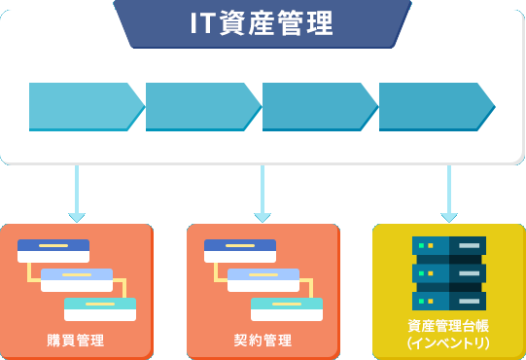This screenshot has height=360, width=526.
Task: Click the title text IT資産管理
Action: pos(263,23)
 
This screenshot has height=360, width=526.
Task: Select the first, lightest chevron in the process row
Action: pos(84,106)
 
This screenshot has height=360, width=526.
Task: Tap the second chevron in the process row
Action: pos(200,106)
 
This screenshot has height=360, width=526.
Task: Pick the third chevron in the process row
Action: pos(317,106)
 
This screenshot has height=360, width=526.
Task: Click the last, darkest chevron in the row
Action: pos(434,106)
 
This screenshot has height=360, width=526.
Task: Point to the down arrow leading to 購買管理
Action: pos(77,195)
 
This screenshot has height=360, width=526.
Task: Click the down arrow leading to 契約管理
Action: pos(263,195)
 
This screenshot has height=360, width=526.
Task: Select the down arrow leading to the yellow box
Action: pos(448,195)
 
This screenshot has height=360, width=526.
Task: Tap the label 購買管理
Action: pos(76,341)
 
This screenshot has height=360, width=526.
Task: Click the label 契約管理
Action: pos(263,341)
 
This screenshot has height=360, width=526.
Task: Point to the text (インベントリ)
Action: pos(448,344)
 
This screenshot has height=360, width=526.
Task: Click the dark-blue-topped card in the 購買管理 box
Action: pos(53,250)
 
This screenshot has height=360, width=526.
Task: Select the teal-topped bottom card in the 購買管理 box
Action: pos(100,308)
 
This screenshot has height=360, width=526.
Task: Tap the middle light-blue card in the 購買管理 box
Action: pos(77,279)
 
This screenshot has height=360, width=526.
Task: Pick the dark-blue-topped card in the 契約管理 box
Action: pos(240,250)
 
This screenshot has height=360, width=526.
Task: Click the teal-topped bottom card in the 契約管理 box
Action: pos(287,308)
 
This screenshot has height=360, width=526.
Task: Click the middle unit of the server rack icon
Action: pos(448,273)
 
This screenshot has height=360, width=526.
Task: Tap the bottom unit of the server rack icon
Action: pos(448,299)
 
